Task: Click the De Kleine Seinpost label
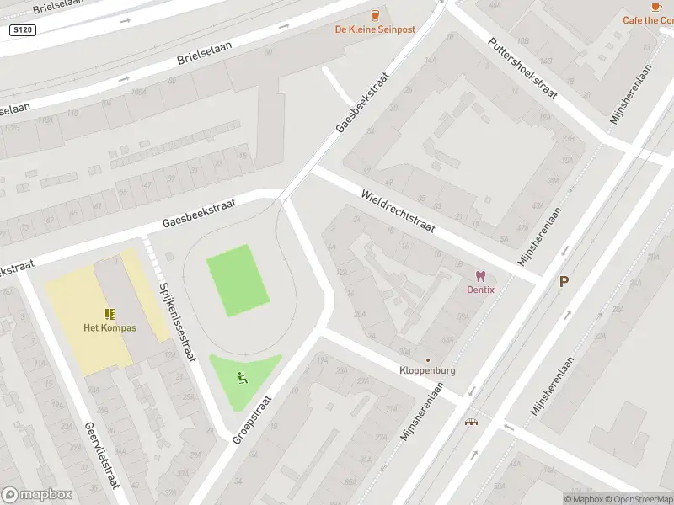[x=375, y=29]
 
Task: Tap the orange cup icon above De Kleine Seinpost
[x=376, y=14]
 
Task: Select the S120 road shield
[x=22, y=29]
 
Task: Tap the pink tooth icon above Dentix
[x=482, y=275]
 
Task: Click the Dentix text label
[x=482, y=290]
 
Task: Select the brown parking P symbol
[x=564, y=282]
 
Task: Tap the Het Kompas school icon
[x=110, y=314]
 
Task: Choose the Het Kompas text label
[x=110, y=327]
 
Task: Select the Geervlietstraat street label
[x=101, y=454]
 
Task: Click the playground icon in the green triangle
[x=243, y=378]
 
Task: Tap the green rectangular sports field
[x=238, y=280]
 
